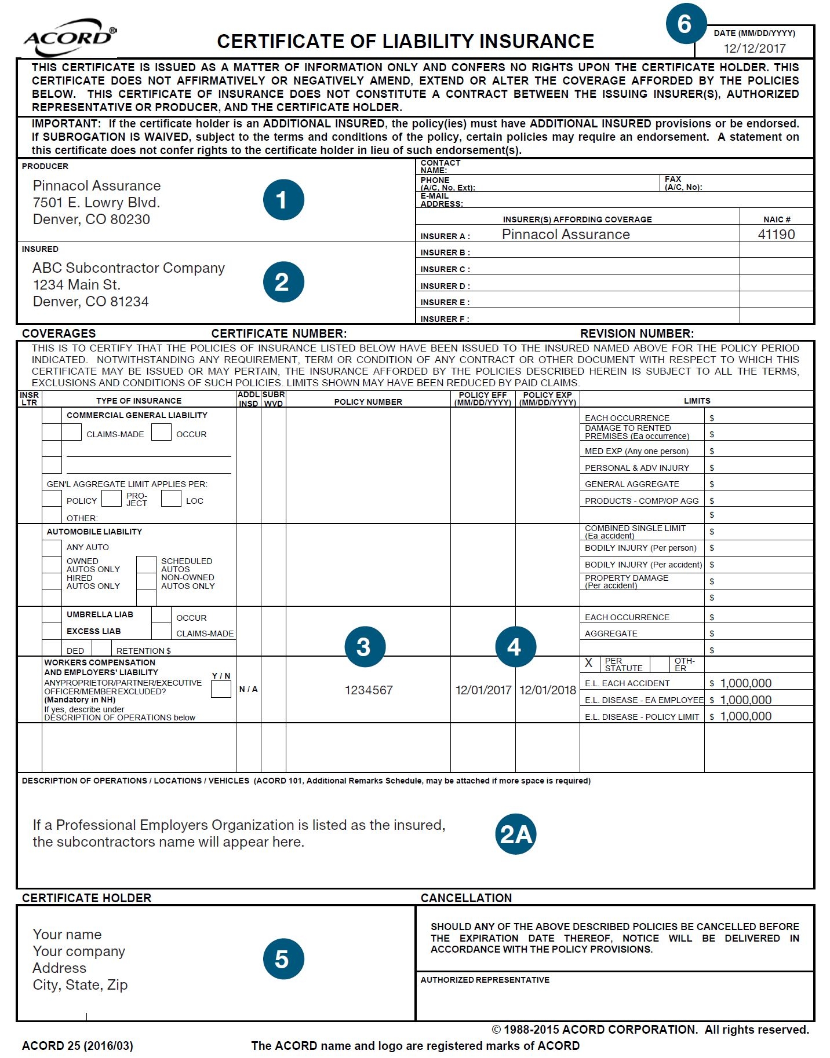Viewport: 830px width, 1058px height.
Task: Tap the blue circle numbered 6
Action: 685,24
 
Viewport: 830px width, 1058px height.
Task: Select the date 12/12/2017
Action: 755,49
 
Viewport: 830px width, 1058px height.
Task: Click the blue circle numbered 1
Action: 283,200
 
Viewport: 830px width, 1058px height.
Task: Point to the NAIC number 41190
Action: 776,235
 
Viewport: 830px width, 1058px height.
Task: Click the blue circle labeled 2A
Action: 515,834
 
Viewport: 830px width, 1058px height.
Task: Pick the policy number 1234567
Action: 369,690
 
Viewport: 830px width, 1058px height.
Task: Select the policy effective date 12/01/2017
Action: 483,690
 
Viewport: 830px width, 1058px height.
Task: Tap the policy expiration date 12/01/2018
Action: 548,690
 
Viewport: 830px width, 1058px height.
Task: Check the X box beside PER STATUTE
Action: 589,664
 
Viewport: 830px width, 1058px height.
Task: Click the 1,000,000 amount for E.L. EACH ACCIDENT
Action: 745,683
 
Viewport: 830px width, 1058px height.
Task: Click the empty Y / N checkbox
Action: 221,689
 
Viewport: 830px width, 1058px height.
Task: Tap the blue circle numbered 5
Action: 283,958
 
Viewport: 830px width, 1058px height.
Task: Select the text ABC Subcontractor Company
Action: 129,268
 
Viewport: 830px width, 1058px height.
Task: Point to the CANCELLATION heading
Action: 466,898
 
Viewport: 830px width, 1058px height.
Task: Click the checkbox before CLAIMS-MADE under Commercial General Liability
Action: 72,433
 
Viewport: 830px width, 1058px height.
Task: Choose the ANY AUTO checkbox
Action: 52,547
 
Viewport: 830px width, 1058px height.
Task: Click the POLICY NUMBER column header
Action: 368,402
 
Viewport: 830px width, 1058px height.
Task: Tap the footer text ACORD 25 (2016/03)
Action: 78,1046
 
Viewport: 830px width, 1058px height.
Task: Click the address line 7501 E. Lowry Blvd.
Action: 96,203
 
